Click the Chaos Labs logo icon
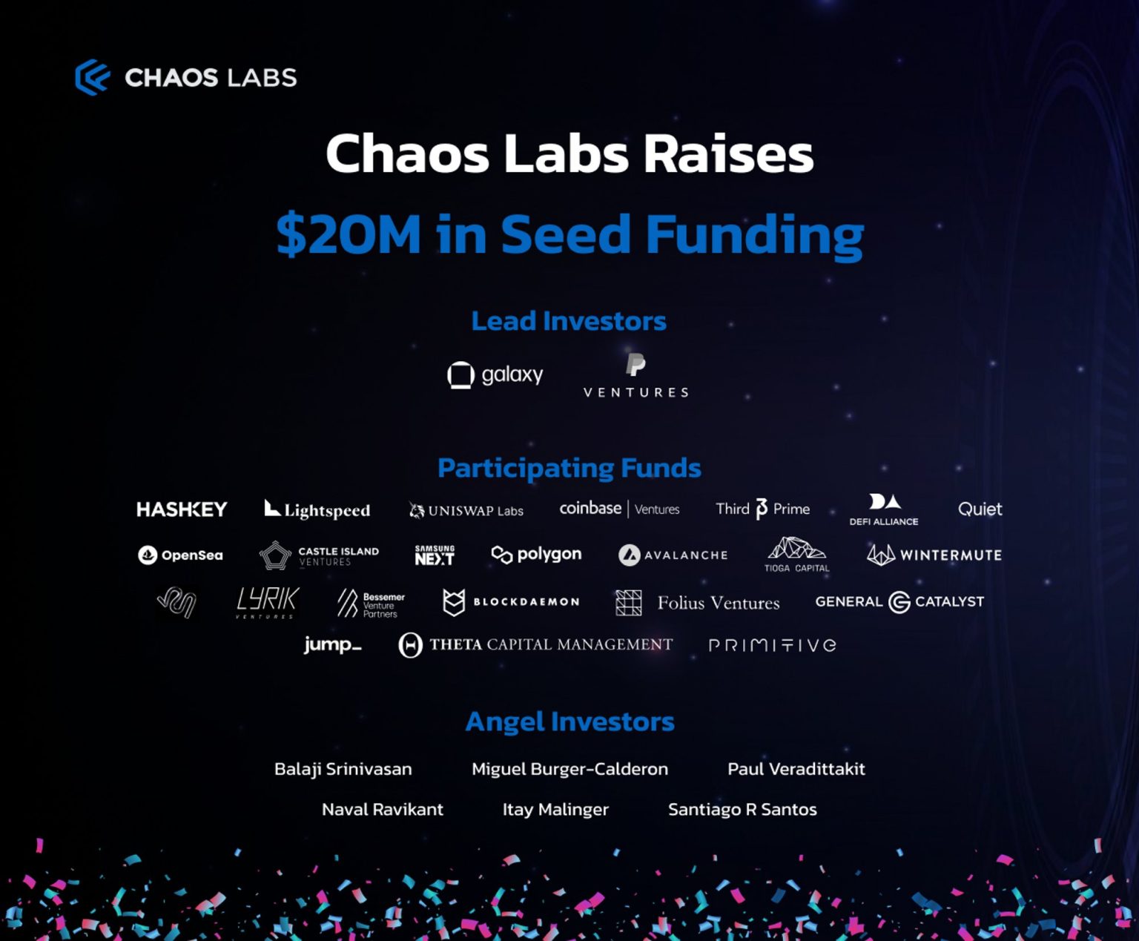(x=93, y=77)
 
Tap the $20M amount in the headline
(x=349, y=234)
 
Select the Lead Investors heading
(x=569, y=321)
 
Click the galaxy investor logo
(x=495, y=374)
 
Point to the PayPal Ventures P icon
(x=635, y=365)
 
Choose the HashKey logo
(x=182, y=509)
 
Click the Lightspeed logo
(x=317, y=509)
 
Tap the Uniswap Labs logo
(x=466, y=510)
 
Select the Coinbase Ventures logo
(x=619, y=509)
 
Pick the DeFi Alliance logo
(x=884, y=509)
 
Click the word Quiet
(x=980, y=509)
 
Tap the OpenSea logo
(x=180, y=555)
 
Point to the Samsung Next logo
(x=435, y=555)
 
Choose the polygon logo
(x=536, y=555)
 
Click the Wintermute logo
(x=934, y=555)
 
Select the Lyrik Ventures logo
(x=267, y=602)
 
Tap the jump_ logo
(x=332, y=644)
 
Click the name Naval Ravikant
(x=382, y=809)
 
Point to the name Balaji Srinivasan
(x=343, y=769)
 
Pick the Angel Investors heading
(x=569, y=722)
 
